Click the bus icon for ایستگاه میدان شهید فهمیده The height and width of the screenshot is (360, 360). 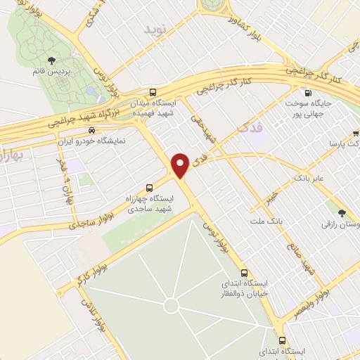[153, 92]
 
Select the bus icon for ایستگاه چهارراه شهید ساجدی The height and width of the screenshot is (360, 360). [149, 188]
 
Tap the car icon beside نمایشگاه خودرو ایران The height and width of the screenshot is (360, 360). [91, 130]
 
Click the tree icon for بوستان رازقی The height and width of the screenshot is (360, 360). [342, 213]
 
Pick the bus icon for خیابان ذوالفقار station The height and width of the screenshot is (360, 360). [244, 273]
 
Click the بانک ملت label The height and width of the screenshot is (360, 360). [264, 222]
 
